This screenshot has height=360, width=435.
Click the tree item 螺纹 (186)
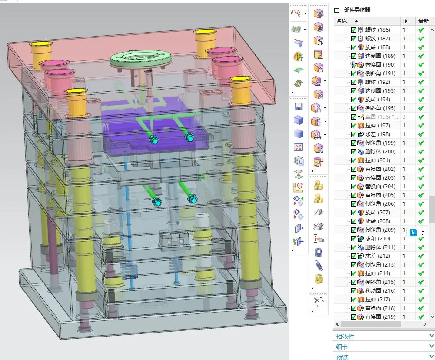(377, 30)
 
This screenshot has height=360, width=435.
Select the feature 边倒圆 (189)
(380, 56)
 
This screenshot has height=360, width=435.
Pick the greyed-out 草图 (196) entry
(377, 117)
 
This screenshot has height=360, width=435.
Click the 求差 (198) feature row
(377, 134)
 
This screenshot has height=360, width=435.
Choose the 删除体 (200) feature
(380, 152)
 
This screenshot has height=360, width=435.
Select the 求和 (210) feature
(377, 239)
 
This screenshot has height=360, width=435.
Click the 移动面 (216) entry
(380, 291)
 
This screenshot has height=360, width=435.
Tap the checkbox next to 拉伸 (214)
(354, 273)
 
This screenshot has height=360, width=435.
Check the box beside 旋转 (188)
(354, 47)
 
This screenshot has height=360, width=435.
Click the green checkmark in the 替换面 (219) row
(421, 317)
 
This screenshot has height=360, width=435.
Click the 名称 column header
(342, 21)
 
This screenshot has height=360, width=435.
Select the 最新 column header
(423, 21)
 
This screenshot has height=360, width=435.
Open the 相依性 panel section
(345, 336)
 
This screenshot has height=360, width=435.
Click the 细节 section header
(342, 347)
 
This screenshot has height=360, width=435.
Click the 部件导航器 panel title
(357, 10)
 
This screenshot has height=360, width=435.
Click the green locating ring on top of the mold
(139, 59)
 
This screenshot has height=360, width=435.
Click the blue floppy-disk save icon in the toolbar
(299, 107)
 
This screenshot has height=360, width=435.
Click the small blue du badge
(413, 233)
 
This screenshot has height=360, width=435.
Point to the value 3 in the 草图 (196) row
(404, 117)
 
